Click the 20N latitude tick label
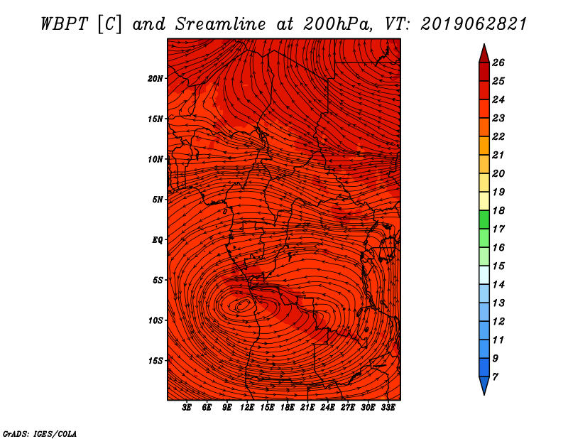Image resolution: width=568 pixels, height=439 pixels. tap(155, 79)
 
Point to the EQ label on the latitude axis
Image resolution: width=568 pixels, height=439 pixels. tap(157, 240)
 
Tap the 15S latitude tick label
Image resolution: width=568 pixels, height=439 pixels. tap(155, 361)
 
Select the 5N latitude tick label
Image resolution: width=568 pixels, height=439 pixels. tap(157, 200)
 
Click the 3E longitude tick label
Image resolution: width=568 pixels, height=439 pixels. tap(187, 408)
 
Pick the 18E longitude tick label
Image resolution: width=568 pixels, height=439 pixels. tap(287, 408)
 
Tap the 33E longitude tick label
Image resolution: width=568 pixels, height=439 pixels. tap(388, 408)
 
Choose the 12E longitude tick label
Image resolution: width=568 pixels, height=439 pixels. tap(246, 408)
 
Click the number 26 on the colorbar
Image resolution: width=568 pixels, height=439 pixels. tap(498, 63)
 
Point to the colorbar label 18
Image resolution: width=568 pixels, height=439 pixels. tap(498, 210)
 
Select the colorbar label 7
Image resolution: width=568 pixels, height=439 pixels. tap(495, 377)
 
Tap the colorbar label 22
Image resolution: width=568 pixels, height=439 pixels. tap(498, 136)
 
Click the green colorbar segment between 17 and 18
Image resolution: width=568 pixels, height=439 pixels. tap(484, 220)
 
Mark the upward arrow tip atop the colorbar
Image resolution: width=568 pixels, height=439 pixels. tap(484, 44)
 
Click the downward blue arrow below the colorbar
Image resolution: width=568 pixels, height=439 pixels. tap(484, 386)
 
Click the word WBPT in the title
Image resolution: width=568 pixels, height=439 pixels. tap(64, 24)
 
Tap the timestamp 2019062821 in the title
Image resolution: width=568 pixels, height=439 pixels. tap(474, 24)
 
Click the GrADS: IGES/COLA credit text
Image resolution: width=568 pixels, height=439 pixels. tap(40, 434)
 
